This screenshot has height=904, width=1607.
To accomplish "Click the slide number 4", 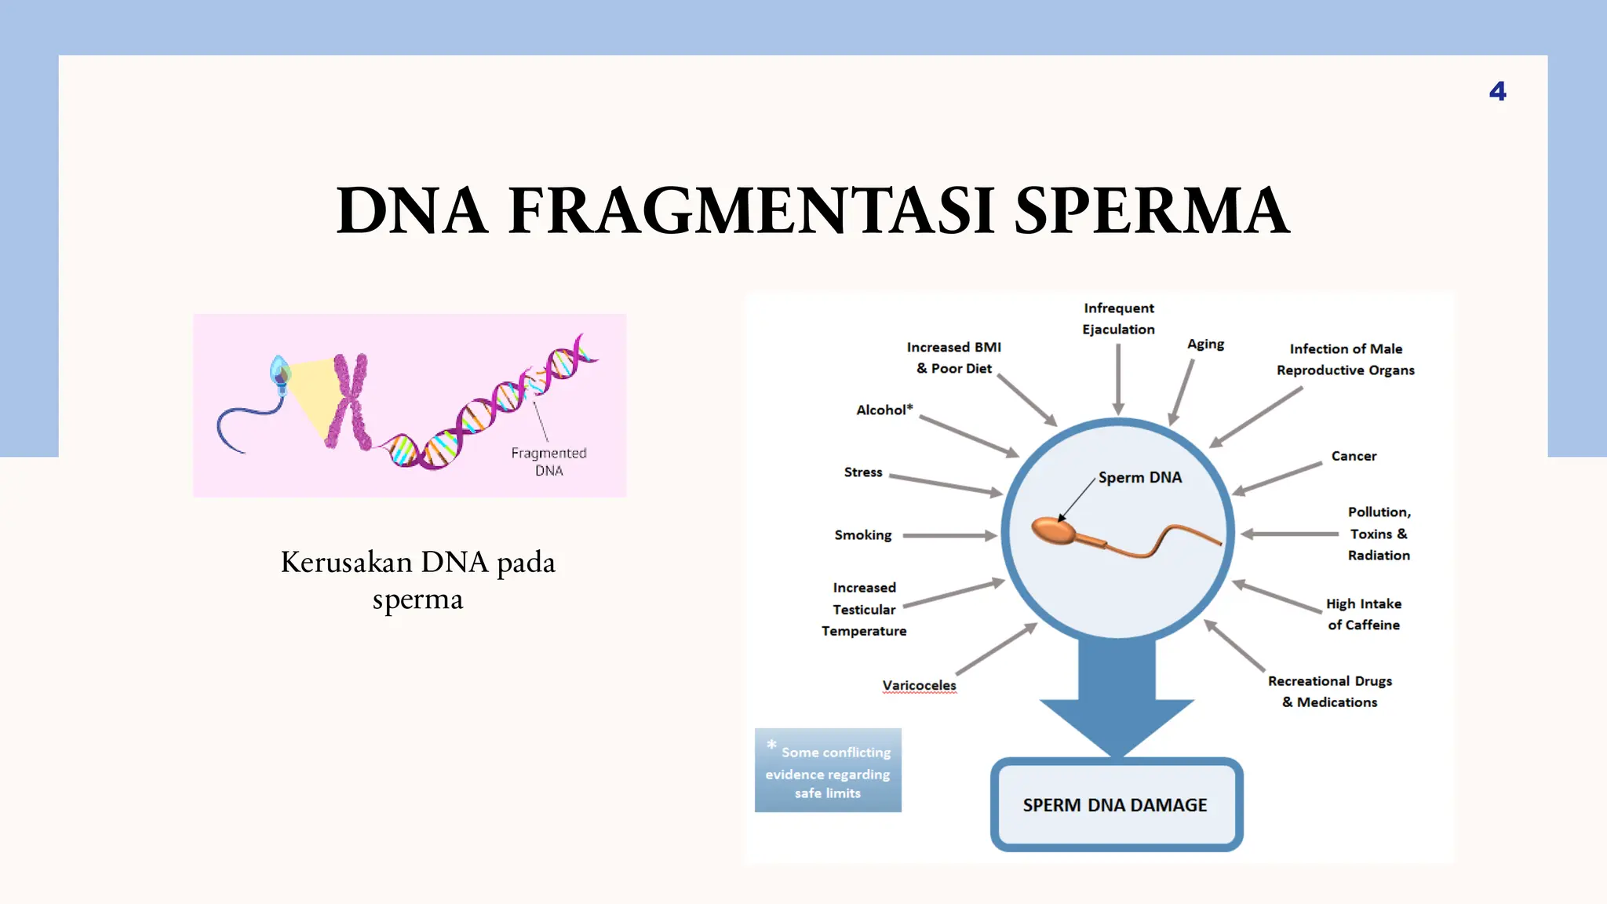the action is coord(1497,92).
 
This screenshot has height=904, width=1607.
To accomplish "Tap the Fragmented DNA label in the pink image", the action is coord(548,461).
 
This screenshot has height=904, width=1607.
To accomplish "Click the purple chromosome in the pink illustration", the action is coord(349,401).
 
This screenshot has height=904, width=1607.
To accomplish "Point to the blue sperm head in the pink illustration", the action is coord(279,370).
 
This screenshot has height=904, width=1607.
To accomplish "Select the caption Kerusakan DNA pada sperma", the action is coord(417,580).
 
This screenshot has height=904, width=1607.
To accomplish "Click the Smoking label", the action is coord(862,535).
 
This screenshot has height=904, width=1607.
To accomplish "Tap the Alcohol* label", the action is coord(884,410).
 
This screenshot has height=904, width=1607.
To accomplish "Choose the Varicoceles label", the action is coord(919,685).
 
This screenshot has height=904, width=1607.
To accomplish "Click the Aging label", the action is coord(1205,344).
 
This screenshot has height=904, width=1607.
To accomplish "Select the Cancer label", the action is coord(1354,456).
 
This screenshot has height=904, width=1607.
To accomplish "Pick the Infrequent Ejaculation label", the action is coord(1118,319).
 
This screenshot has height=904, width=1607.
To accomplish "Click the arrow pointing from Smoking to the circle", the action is coord(949,535).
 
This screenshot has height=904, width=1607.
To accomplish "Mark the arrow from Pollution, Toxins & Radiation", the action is coord(1289,534).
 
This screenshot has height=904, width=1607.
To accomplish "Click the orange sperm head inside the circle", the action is coord(1054,531).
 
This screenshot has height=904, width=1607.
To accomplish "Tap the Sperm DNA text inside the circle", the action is coord(1139,477).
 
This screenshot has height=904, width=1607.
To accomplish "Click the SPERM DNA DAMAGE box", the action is coord(1115,805).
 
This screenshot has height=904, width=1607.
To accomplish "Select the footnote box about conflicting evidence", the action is coord(828,771).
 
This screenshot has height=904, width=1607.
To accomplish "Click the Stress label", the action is coord(862,472).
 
